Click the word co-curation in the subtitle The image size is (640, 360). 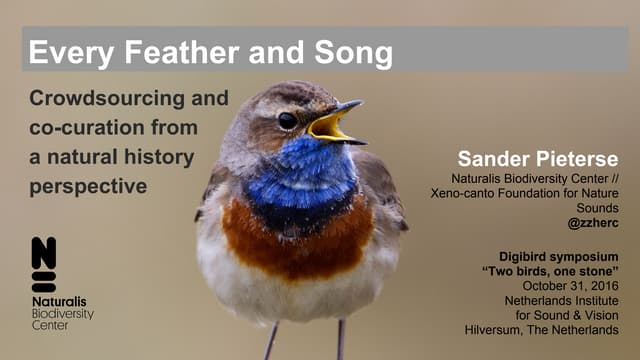tap(81, 128)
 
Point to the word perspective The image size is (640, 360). tap(88, 186)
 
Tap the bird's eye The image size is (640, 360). tap(287, 120)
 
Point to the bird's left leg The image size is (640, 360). tap(271, 341)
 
